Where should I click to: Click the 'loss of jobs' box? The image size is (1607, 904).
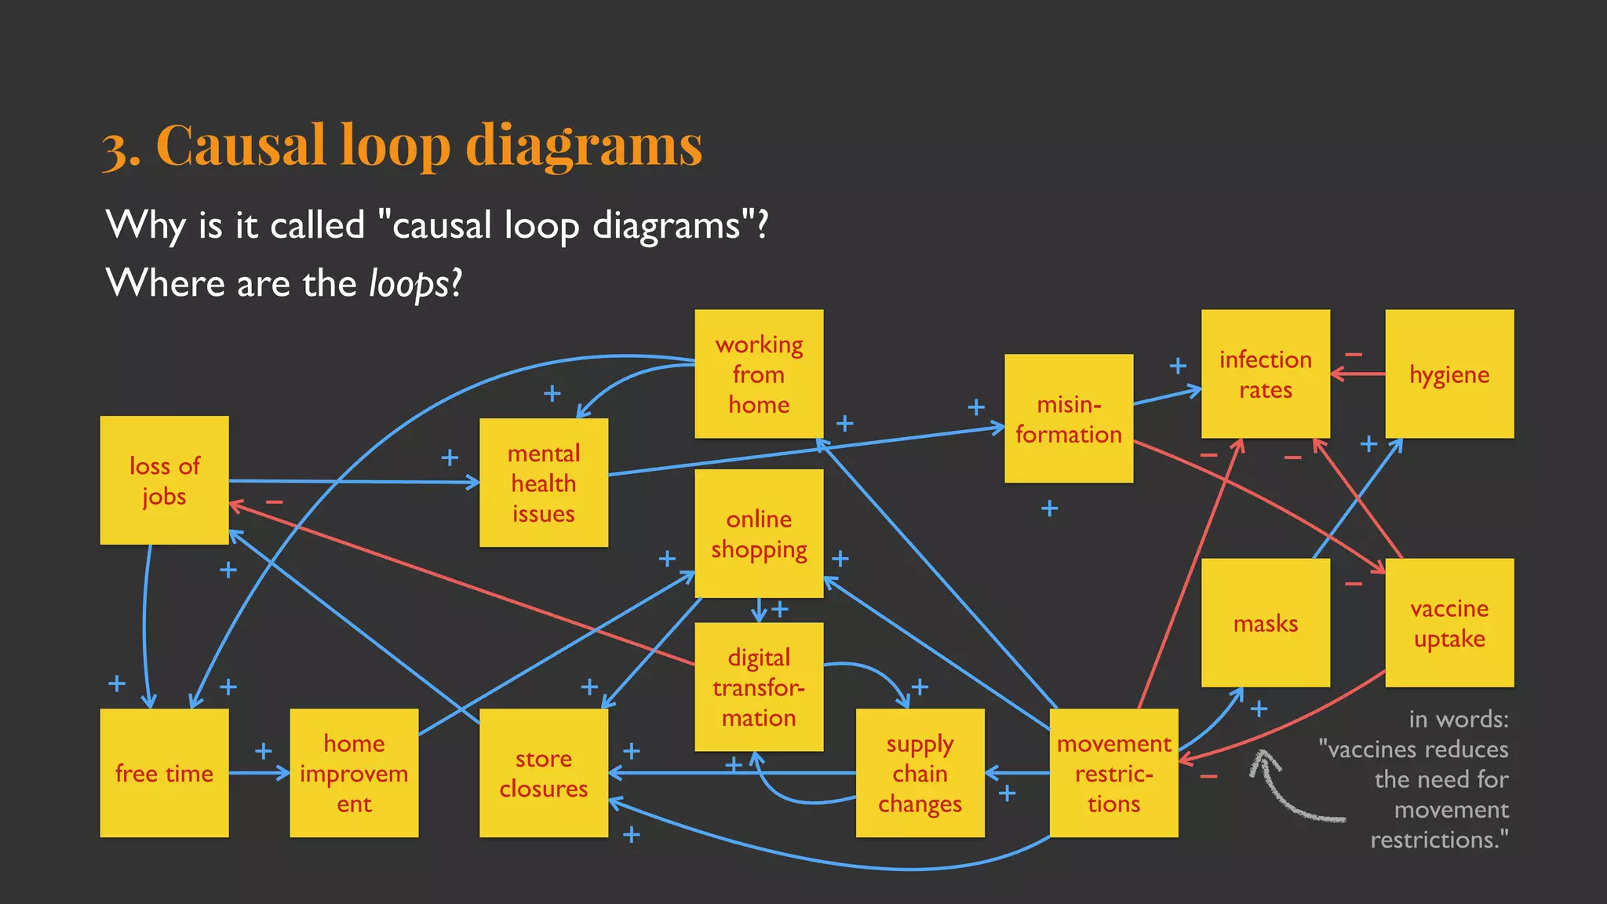[x=164, y=480]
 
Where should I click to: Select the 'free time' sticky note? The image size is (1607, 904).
[x=164, y=773]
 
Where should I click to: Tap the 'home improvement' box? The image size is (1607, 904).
[x=354, y=773]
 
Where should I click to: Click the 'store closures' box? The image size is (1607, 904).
[x=543, y=773]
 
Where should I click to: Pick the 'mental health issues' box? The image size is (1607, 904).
[x=543, y=483]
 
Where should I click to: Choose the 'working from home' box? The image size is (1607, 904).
[x=759, y=374]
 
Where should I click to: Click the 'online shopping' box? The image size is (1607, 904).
[x=759, y=534]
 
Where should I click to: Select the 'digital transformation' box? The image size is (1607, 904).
[x=759, y=687]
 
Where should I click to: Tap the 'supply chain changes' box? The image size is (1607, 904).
[x=920, y=773]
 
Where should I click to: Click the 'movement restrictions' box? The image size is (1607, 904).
[x=1113, y=773]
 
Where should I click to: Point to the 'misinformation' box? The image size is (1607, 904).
[x=1068, y=418]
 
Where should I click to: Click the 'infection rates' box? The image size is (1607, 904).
[x=1265, y=374]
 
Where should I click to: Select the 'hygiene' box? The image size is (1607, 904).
[x=1448, y=374]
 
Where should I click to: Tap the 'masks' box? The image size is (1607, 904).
[x=1265, y=623]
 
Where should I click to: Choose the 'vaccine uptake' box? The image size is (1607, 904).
[x=1448, y=623]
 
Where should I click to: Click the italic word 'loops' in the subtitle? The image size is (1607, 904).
[x=409, y=283]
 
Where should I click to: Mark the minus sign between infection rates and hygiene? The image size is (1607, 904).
[x=1353, y=355]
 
